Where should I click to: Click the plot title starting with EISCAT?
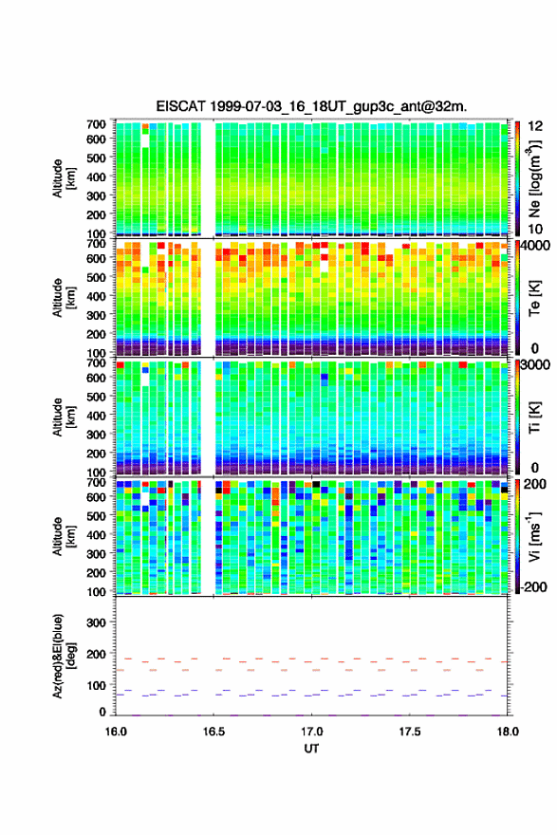pos(311,106)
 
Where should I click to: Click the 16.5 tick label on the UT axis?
pos(214,732)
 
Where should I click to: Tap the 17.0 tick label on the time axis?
pos(311,732)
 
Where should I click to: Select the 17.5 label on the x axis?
pos(410,732)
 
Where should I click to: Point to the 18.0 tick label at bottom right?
pos(508,732)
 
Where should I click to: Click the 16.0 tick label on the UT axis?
pos(116,732)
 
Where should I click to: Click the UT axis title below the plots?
pos(311,749)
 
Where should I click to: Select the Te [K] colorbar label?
pos(534,298)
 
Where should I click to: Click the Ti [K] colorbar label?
pos(534,417)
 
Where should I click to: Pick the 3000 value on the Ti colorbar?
pos(536,364)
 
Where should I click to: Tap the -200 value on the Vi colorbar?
pos(534,587)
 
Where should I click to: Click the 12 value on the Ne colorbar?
pos(536,126)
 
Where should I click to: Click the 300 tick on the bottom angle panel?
pos(97,622)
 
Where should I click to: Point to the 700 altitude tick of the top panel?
pos(97,124)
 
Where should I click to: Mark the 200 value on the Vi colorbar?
pos(534,484)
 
